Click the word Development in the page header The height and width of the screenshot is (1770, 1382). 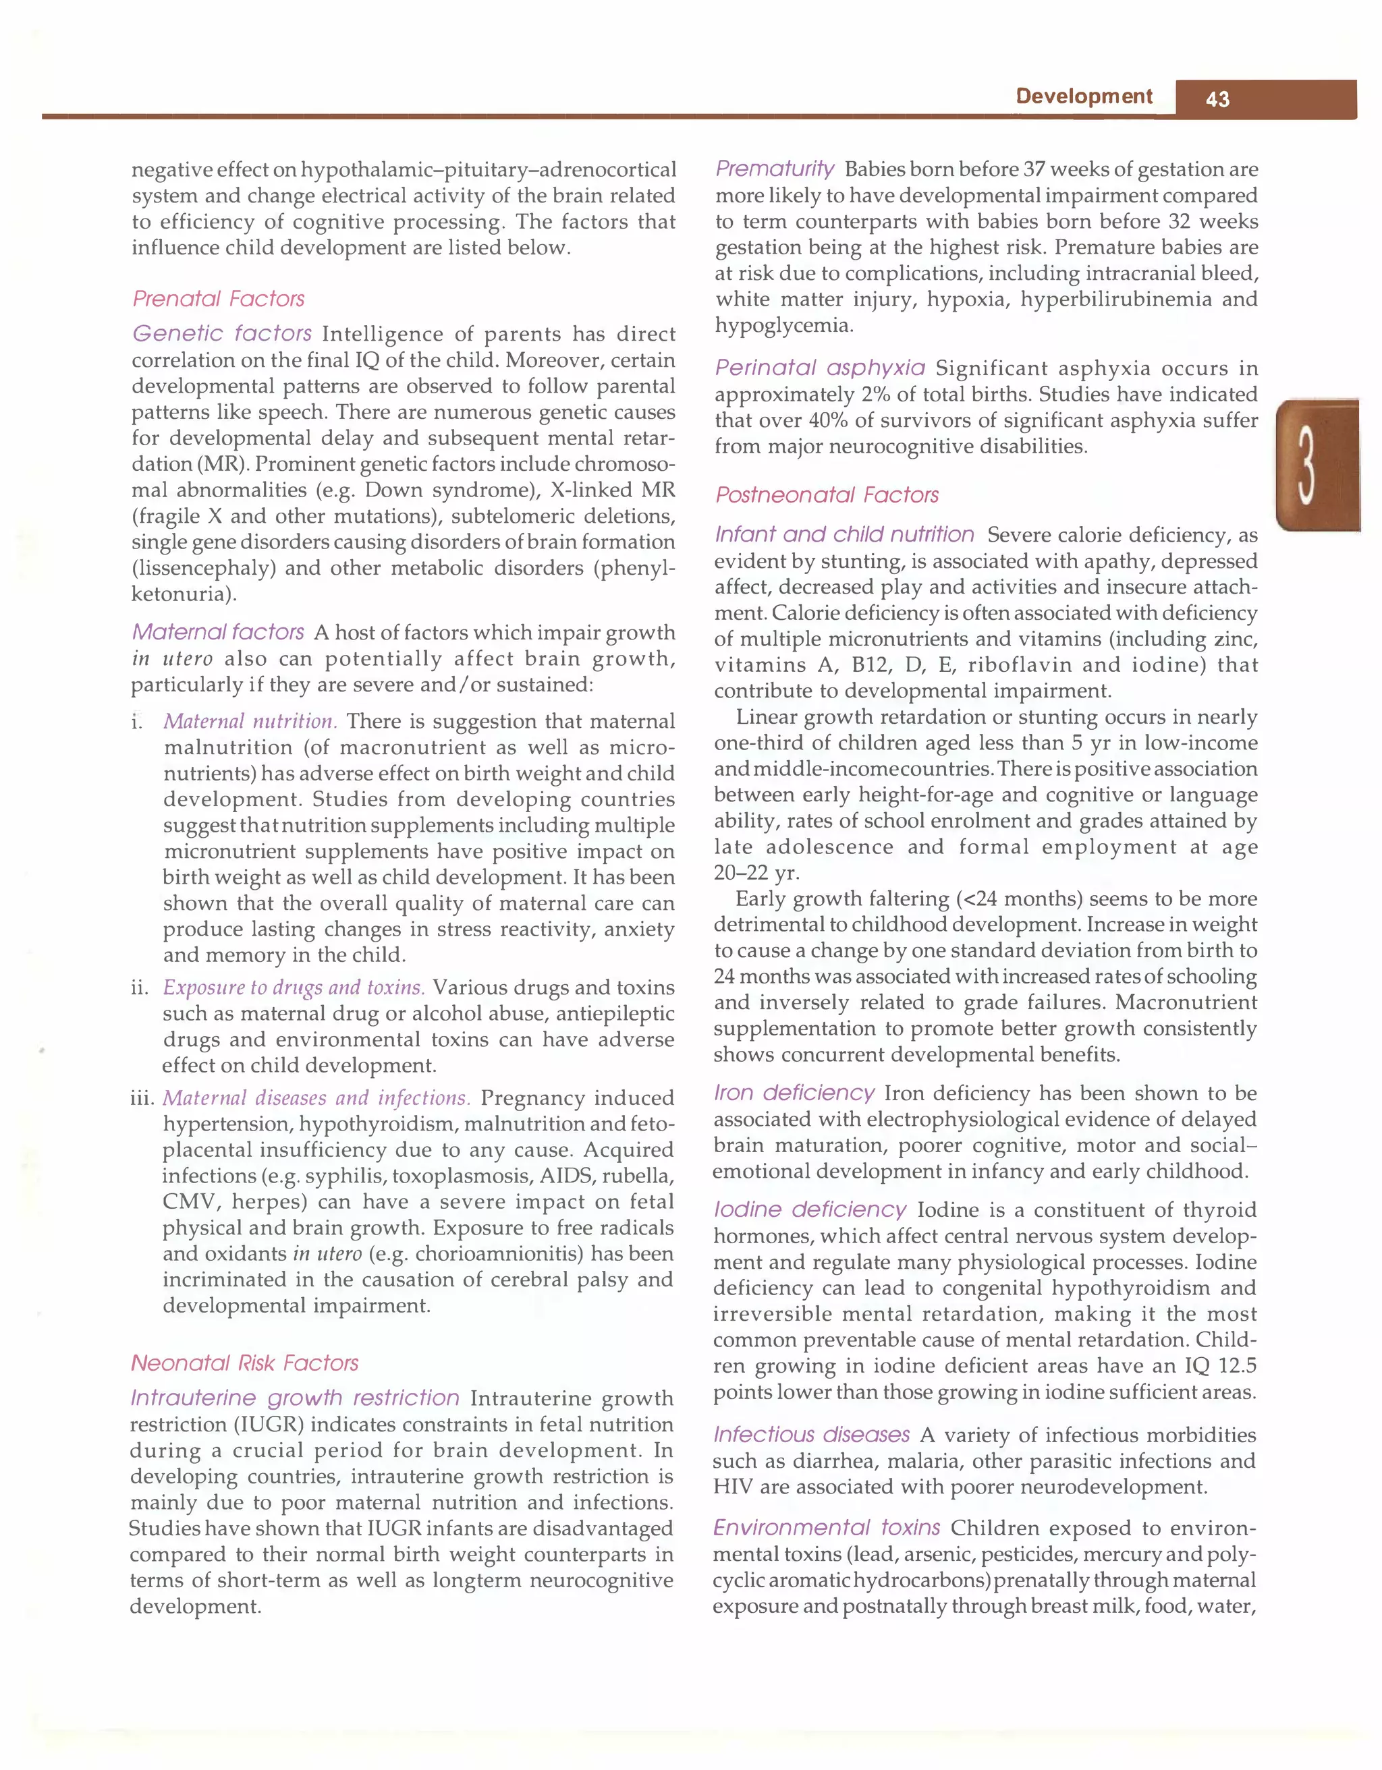pyautogui.click(x=1083, y=96)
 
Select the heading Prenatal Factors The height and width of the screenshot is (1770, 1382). pyautogui.click(x=218, y=299)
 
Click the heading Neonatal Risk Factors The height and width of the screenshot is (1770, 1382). pyautogui.click(x=244, y=1363)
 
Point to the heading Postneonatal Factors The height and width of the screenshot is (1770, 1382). pyautogui.click(x=827, y=494)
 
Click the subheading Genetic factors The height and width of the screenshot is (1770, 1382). pyautogui.click(x=221, y=333)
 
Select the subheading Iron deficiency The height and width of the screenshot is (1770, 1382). pyautogui.click(x=794, y=1093)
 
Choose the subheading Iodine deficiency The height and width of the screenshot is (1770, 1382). pyautogui.click(x=809, y=1209)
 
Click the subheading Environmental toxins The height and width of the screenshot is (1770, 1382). pyautogui.click(x=826, y=1528)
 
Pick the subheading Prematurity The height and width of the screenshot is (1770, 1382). pyautogui.click(x=774, y=169)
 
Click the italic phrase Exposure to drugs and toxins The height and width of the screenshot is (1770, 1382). pyautogui.click(x=294, y=987)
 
